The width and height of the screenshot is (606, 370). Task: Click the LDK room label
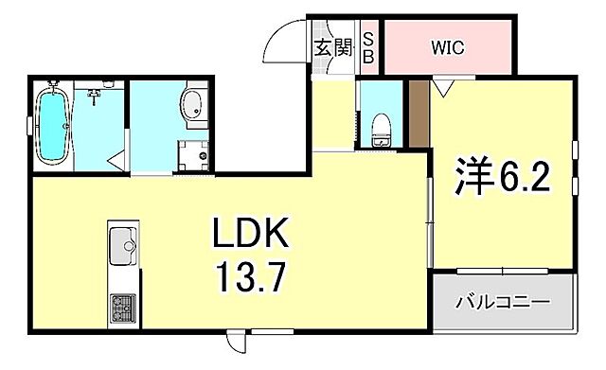[251, 233]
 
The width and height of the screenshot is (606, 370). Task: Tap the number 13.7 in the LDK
[251, 278]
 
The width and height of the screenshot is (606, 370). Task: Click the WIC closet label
[448, 46]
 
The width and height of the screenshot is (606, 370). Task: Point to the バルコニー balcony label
[503, 304]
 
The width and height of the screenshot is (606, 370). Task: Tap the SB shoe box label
[369, 46]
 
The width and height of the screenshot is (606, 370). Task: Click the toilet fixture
[381, 129]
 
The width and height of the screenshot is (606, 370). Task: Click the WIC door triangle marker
[442, 88]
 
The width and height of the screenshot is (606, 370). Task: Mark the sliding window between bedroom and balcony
[504, 272]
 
